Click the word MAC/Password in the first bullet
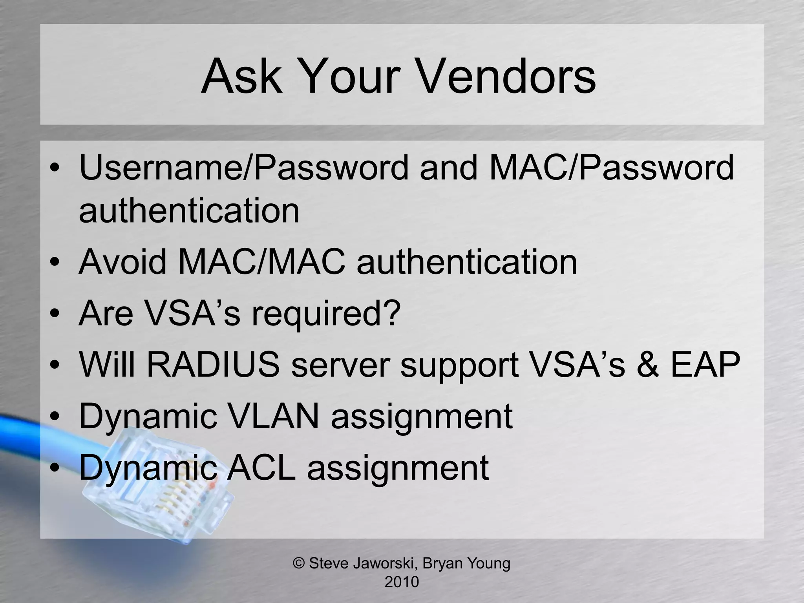[612, 168]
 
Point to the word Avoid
[123, 262]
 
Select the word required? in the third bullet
[326, 314]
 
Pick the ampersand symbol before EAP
[648, 365]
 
